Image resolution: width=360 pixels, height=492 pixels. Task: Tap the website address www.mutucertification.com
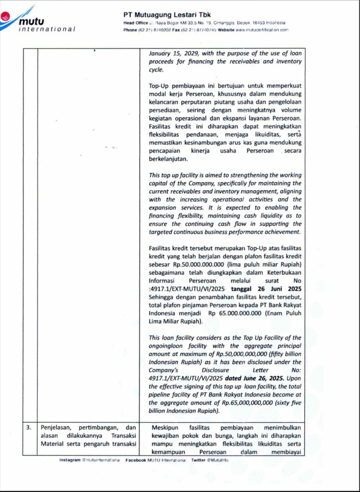pyautogui.click(x=262, y=30)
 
